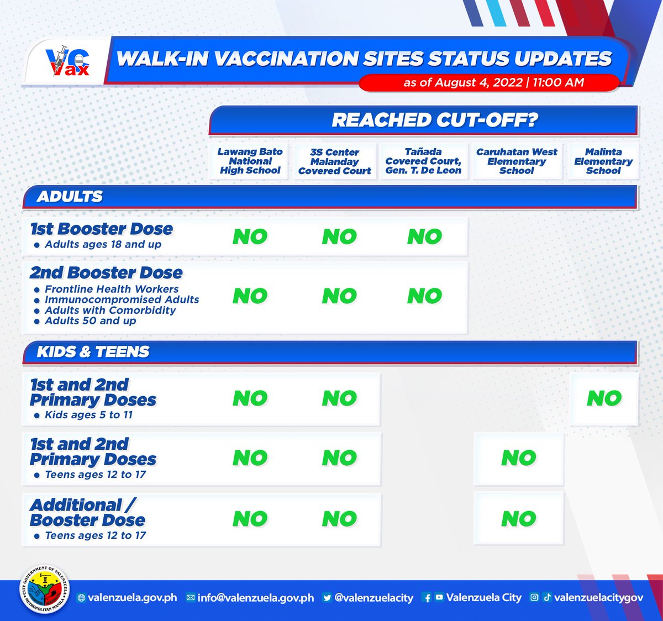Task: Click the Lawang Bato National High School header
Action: pyautogui.click(x=250, y=161)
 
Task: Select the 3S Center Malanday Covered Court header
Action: pyautogui.click(x=335, y=161)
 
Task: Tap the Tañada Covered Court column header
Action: pyautogui.click(x=423, y=161)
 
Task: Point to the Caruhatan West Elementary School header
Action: pyautogui.click(x=517, y=161)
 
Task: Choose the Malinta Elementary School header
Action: pyautogui.click(x=603, y=161)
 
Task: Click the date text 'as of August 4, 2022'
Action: pyautogui.click(x=463, y=82)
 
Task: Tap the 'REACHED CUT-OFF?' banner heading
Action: pyautogui.click(x=434, y=120)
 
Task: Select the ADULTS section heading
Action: pyautogui.click(x=70, y=196)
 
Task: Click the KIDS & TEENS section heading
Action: pyautogui.click(x=93, y=351)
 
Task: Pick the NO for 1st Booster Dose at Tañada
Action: pyautogui.click(x=424, y=237)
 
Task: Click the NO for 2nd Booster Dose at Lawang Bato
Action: pyautogui.click(x=250, y=296)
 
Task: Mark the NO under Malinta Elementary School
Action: pyautogui.click(x=604, y=398)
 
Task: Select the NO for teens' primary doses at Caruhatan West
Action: pyautogui.click(x=519, y=458)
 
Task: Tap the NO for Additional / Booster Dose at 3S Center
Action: pyautogui.click(x=340, y=519)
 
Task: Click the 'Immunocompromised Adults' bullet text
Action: pyautogui.click(x=122, y=299)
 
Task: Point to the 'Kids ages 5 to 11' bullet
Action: pyautogui.click(x=88, y=415)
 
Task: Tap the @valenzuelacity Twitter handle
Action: pyautogui.click(x=373, y=598)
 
